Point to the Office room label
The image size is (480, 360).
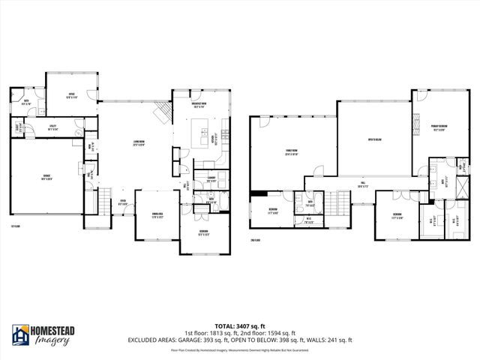pos(71,95)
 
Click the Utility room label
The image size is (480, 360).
pos(52,128)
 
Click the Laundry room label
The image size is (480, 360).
pos(201,178)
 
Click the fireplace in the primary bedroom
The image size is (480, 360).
pos(415,121)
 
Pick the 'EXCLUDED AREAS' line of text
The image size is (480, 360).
pos(239,340)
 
